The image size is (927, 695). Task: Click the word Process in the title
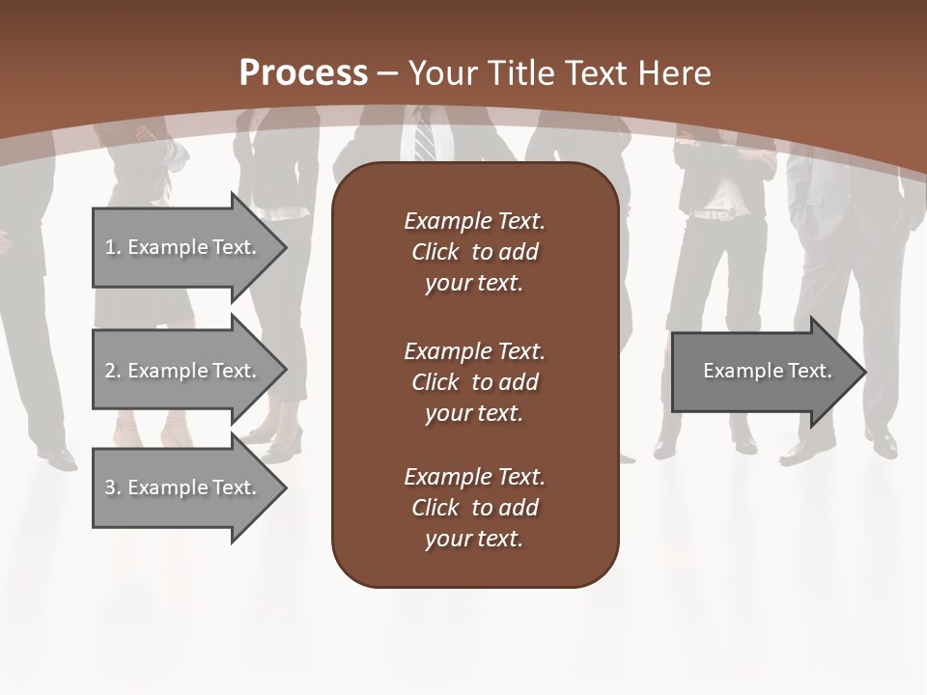pos(303,73)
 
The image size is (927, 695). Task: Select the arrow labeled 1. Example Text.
pos(183,247)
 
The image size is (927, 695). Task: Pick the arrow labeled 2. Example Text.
pos(183,371)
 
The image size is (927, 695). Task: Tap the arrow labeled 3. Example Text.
pos(183,487)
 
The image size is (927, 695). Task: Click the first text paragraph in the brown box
pos(474,252)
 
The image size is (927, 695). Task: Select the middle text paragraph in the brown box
pos(474,381)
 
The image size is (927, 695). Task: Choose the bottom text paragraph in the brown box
pos(474,507)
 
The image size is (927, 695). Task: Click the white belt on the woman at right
pos(716,213)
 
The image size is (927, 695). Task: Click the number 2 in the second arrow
pos(110,371)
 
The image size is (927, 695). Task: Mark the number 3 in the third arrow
pos(110,487)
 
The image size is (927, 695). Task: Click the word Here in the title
pos(676,73)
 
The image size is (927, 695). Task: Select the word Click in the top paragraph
pos(435,252)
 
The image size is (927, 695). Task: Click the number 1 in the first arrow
pos(110,247)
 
